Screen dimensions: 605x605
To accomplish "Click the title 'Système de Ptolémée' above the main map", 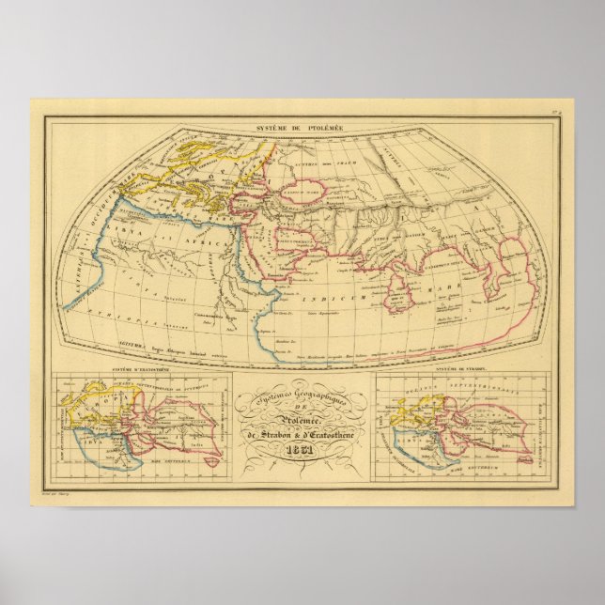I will coord(302,126).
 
